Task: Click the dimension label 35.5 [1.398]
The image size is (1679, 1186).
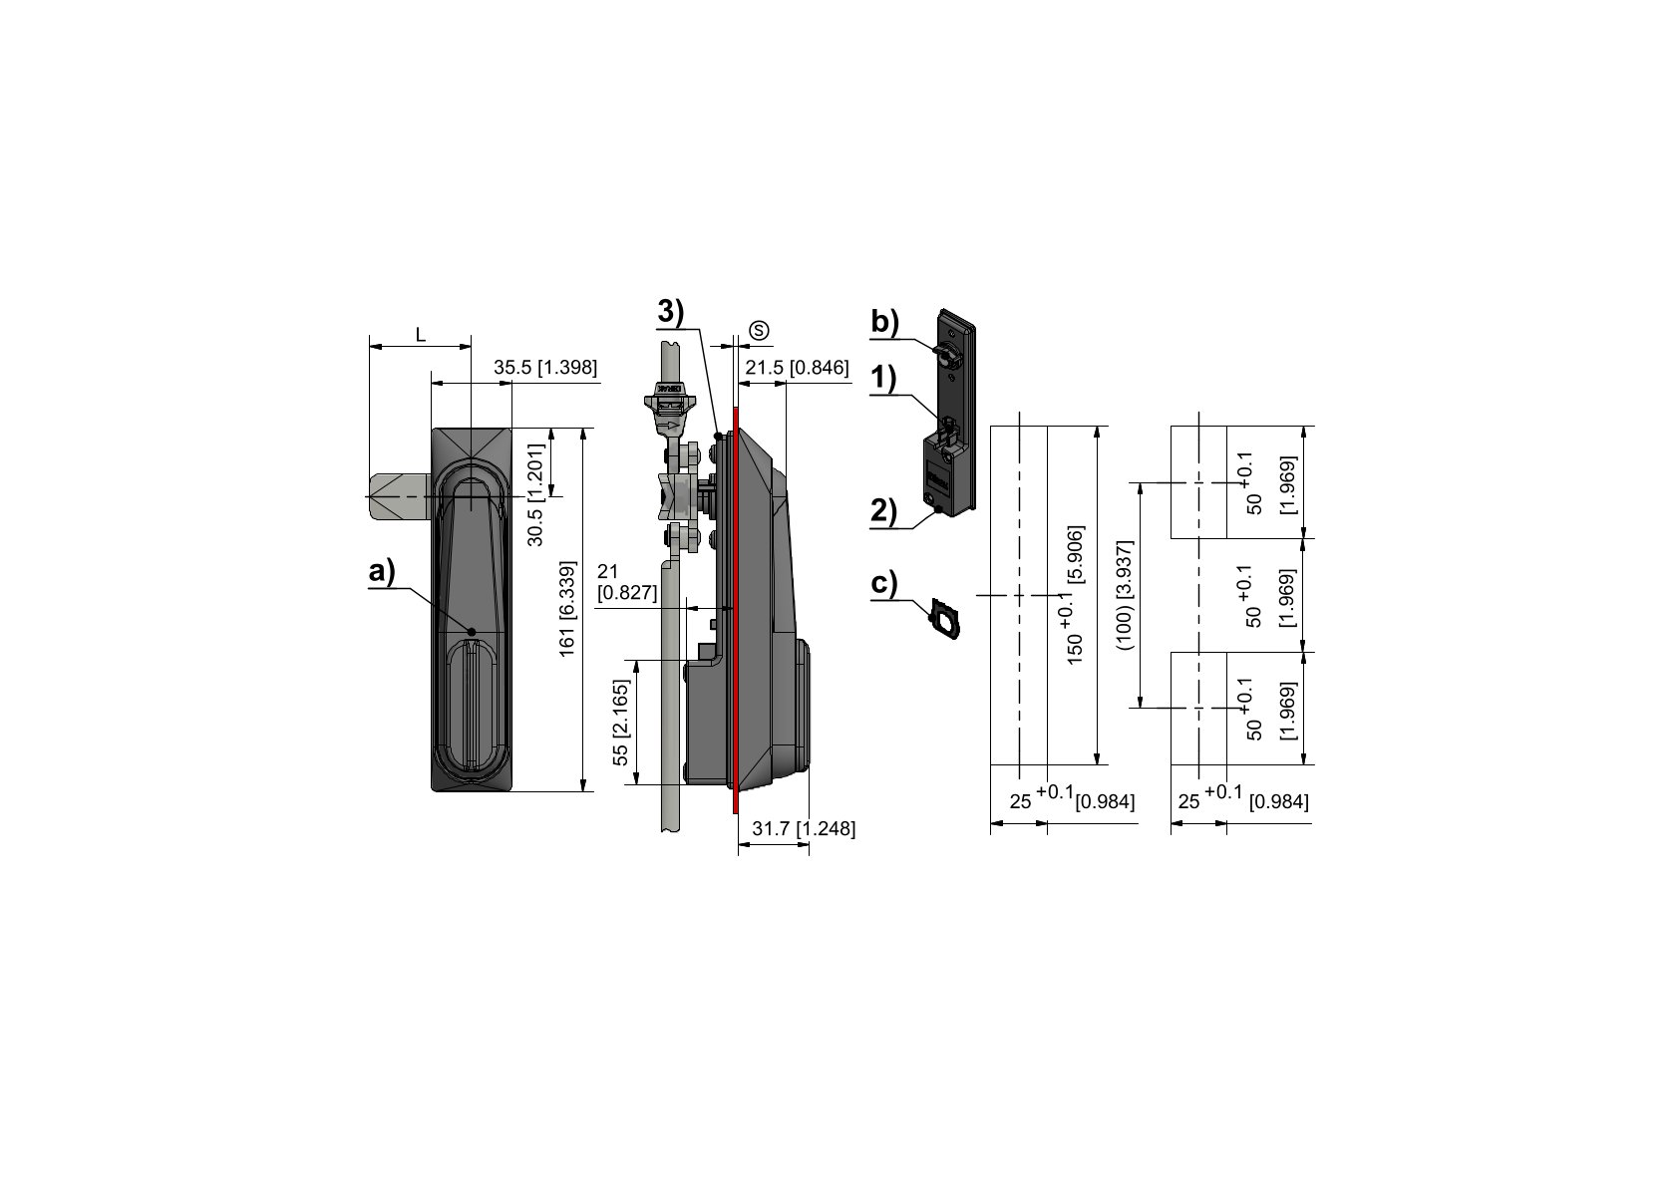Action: (545, 367)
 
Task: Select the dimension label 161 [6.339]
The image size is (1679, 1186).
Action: (566, 609)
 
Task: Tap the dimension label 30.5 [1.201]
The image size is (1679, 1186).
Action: (535, 494)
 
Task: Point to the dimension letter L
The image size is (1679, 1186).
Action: (421, 335)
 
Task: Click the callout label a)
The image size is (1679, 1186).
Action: (382, 571)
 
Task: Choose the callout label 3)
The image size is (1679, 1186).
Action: (671, 312)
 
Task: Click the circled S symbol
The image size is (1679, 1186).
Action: (760, 331)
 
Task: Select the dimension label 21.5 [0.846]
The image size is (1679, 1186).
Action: (797, 367)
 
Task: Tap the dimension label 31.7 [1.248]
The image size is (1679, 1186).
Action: (804, 828)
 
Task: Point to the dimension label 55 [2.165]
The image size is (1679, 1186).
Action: (620, 723)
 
